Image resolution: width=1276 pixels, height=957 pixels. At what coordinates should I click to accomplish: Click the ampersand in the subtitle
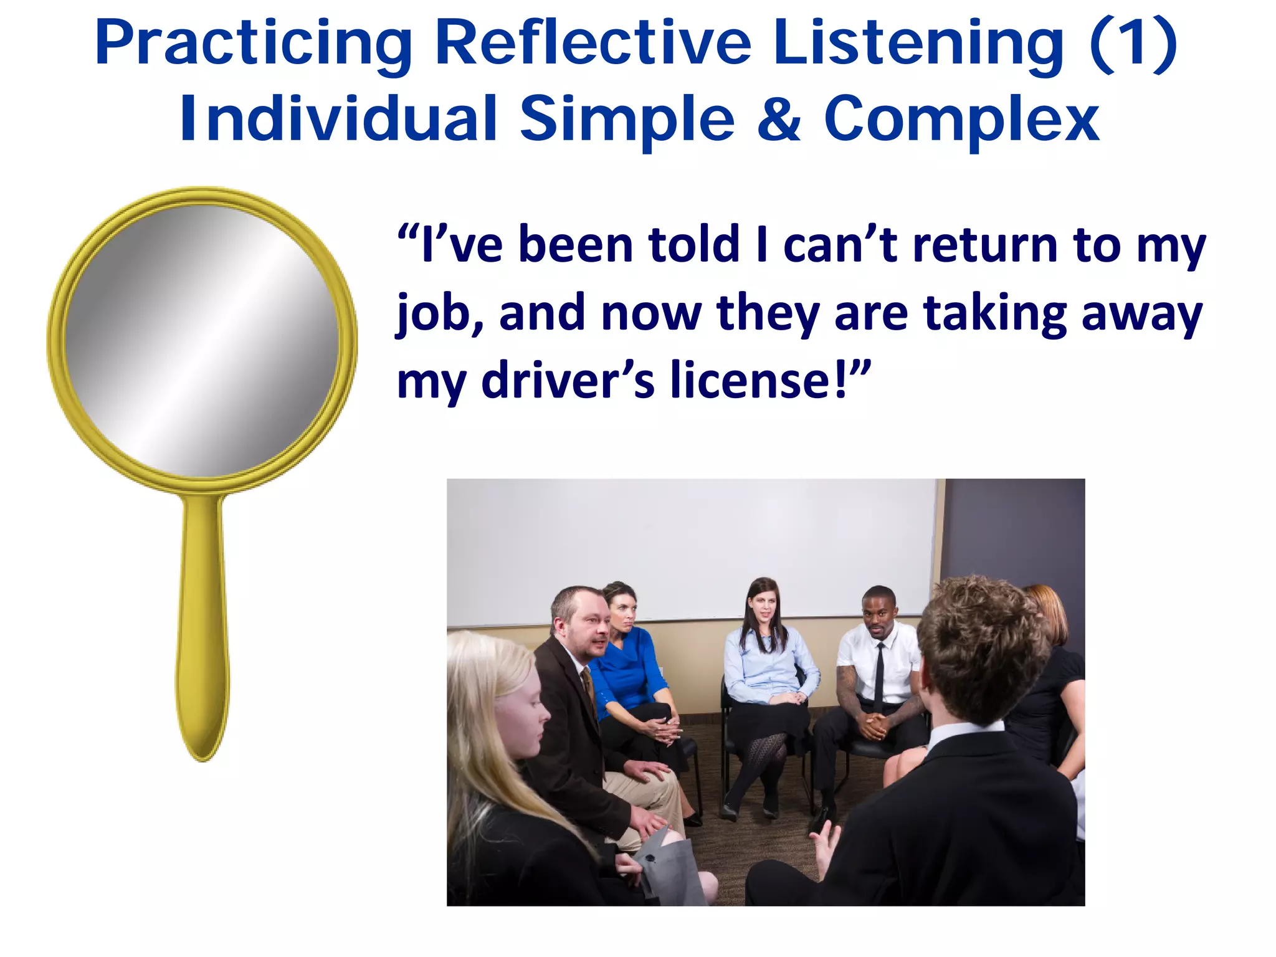[779, 118]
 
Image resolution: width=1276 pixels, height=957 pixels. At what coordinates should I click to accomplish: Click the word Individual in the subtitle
[338, 118]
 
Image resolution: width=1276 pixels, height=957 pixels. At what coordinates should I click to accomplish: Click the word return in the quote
[985, 245]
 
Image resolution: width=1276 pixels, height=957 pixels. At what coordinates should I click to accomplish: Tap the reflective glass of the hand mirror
[201, 341]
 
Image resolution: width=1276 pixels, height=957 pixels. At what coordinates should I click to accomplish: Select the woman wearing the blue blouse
[629, 667]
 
